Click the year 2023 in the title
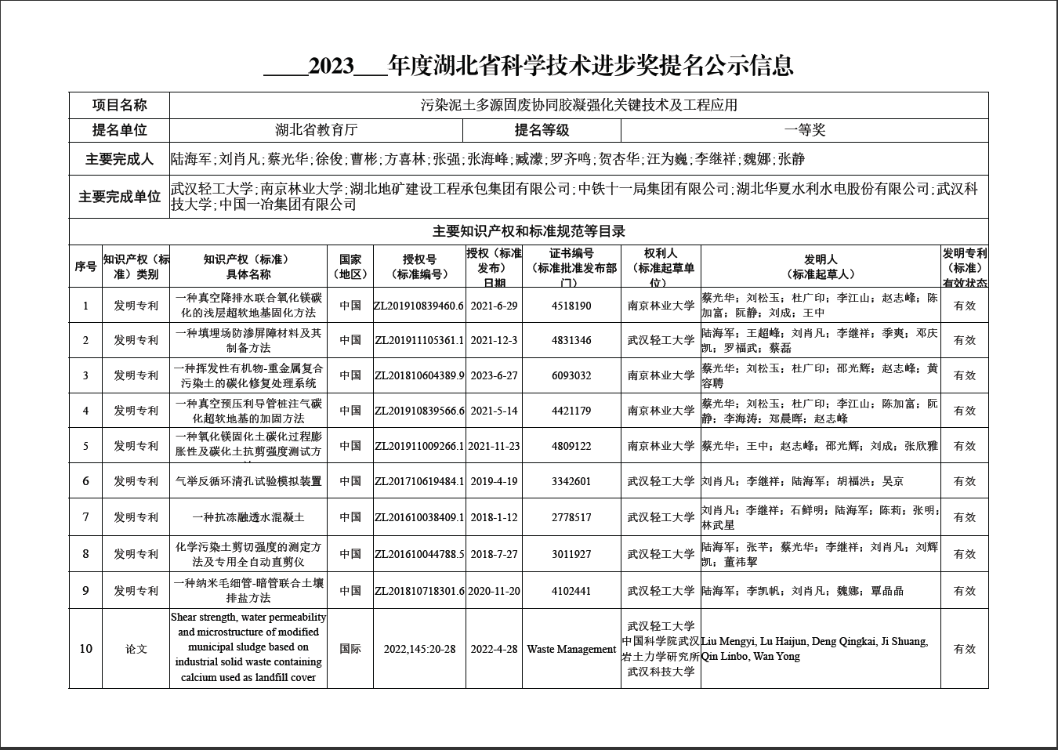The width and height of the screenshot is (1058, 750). coord(332,66)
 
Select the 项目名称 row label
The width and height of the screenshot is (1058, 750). coord(119,105)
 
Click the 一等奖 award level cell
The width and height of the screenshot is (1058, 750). coord(805,130)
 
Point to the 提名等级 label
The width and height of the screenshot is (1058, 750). coord(542,130)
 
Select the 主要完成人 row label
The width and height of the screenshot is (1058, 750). coord(119,160)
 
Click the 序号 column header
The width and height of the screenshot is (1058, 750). coord(85,266)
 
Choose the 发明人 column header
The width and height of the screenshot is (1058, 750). coord(820,266)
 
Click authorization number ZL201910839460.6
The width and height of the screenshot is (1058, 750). coord(419,306)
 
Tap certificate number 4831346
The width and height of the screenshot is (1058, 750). coord(571,340)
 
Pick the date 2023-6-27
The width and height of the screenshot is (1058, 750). coord(494,375)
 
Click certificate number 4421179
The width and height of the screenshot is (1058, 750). coord(571,411)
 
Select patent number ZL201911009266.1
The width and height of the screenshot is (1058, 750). coord(419,446)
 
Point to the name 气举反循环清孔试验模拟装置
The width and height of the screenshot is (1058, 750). coord(248,481)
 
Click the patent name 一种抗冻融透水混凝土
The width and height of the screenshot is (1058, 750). coord(248,517)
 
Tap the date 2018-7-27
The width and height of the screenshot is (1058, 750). coord(494,554)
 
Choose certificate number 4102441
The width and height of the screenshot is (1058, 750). coord(571,591)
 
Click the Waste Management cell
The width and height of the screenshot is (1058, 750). coord(571,649)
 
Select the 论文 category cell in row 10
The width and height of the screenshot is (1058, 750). coord(136,649)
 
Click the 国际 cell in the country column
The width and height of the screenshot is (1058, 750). coord(350,649)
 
